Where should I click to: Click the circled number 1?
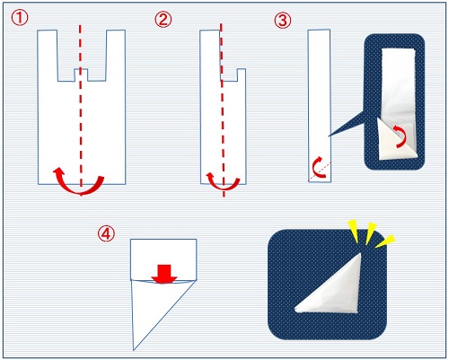[x=20, y=18]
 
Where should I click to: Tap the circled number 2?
[x=163, y=20]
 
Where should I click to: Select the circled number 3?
[x=282, y=21]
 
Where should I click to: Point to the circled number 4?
[x=106, y=234]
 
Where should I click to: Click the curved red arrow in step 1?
[x=79, y=190]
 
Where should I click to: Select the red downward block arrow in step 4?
[x=163, y=274]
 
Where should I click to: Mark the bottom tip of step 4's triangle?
[x=134, y=350]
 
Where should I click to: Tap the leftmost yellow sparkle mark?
[x=354, y=231]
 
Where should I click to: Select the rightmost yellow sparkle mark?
[x=385, y=241]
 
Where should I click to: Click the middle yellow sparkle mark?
[x=371, y=233]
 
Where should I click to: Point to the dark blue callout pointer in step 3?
[x=348, y=124]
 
